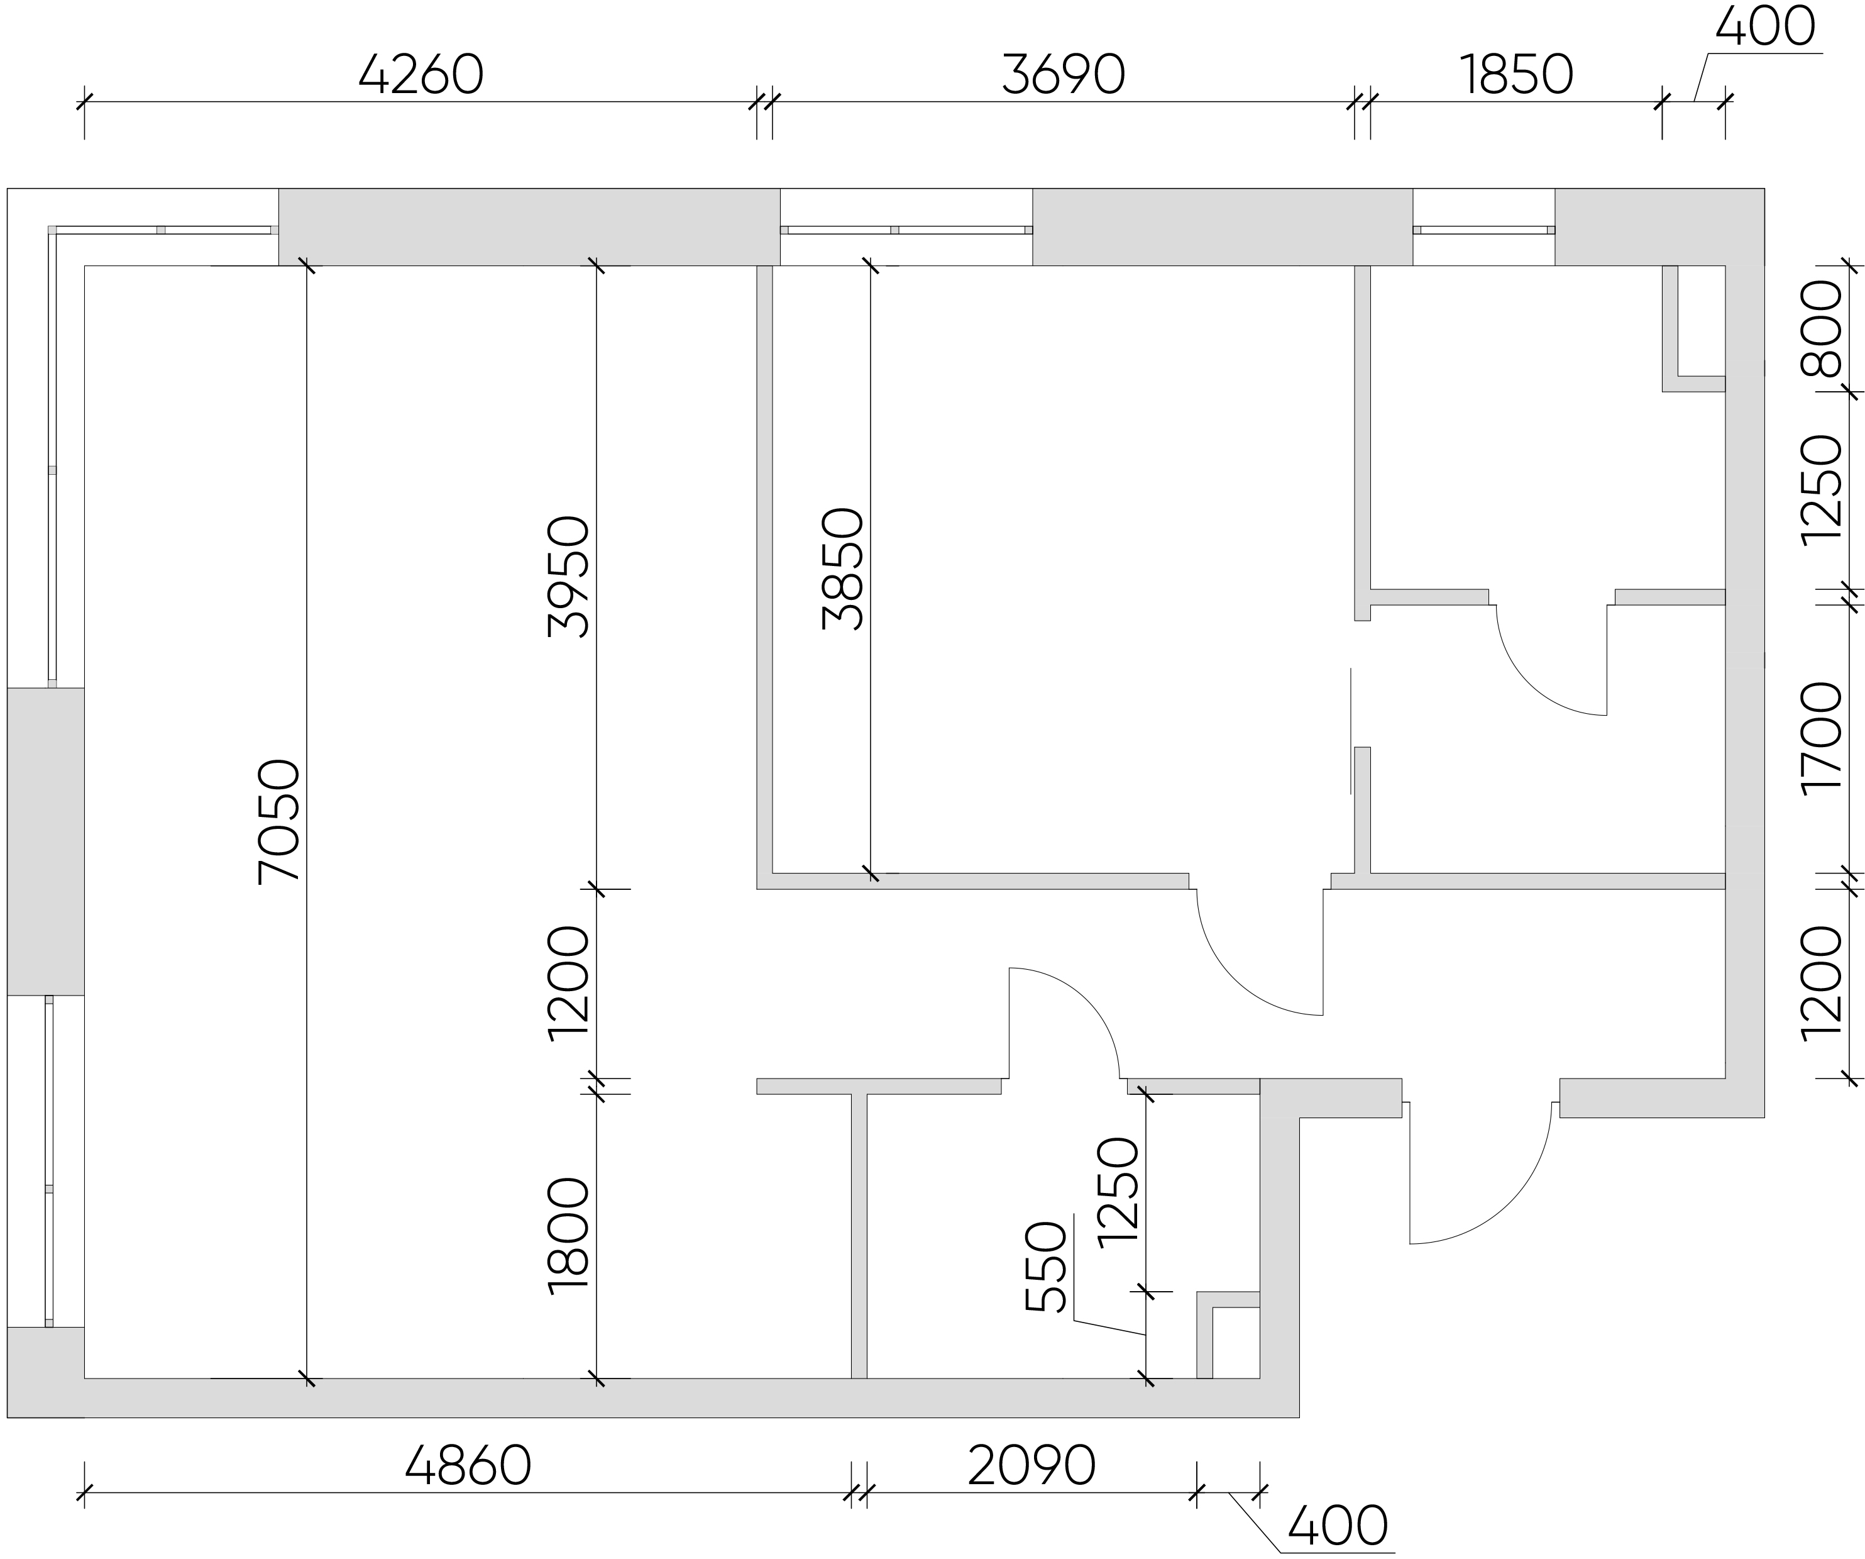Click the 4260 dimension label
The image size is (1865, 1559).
pyautogui.click(x=421, y=75)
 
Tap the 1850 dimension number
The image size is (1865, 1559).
pyautogui.click(x=1517, y=75)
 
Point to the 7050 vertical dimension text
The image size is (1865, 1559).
pyautogui.click(x=278, y=822)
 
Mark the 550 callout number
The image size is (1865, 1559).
pyautogui.click(x=1045, y=1268)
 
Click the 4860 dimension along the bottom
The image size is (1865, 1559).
pyautogui.click(x=468, y=1466)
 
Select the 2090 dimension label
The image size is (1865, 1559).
pyautogui.click(x=1031, y=1466)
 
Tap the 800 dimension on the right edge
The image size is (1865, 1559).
pyautogui.click(x=1820, y=329)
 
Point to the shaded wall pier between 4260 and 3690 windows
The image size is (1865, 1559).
pyautogui.click(x=529, y=226)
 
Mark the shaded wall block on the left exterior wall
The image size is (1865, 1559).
pyautogui.click(x=45, y=841)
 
